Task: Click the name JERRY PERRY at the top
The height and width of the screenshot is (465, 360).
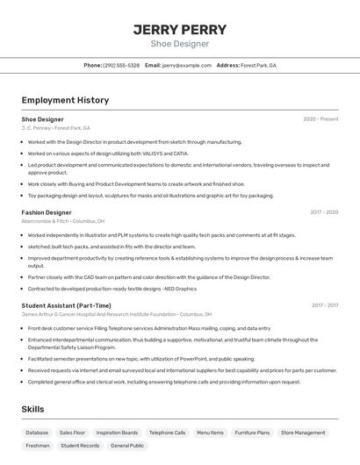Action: (180, 29)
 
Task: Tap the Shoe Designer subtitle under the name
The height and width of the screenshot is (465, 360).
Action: (180, 44)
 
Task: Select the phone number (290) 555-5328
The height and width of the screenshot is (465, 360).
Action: (121, 65)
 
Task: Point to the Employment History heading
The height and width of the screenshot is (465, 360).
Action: (65, 100)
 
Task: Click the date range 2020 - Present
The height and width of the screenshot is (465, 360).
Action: (320, 119)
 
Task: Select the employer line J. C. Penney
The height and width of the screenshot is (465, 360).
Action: (55, 128)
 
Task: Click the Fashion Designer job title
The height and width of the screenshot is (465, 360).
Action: (47, 212)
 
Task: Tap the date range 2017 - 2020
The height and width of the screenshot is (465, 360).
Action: (323, 212)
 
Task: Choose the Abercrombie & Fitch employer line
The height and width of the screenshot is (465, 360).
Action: (62, 221)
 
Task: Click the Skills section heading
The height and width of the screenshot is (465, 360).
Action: (32, 410)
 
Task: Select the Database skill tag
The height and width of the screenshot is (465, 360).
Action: (37, 433)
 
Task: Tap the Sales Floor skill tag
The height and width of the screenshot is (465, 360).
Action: (72, 433)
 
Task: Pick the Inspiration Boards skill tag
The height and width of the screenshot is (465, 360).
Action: (117, 433)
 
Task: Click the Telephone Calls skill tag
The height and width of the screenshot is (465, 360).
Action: (167, 433)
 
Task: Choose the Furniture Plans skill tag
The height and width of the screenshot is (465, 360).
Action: (252, 433)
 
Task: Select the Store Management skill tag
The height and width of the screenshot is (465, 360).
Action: (303, 433)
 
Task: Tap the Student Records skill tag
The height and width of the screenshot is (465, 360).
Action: (79, 446)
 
